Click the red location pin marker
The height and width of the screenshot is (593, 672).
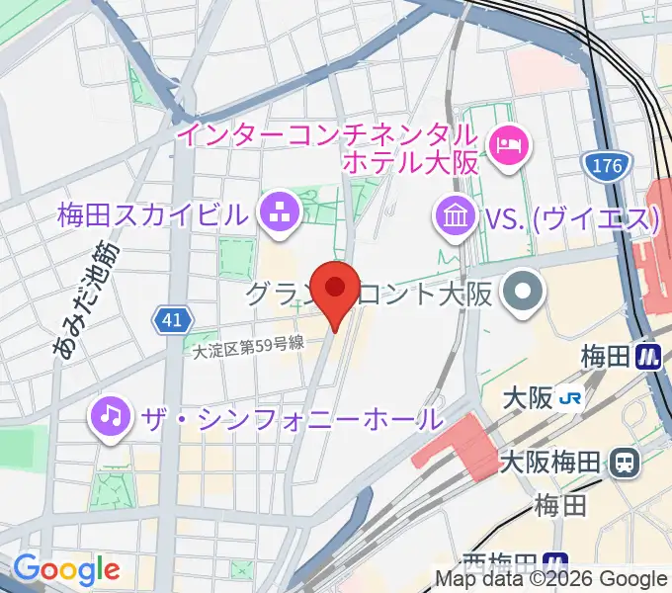coord(336,290)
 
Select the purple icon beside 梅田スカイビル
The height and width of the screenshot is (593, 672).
coord(279,211)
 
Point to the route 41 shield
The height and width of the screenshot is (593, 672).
coord(172,318)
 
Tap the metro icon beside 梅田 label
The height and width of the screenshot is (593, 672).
coord(649,356)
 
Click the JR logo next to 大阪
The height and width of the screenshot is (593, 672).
coord(569,398)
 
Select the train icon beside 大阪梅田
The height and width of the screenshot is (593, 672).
coord(625,461)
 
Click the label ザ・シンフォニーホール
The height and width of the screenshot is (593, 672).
coord(287,419)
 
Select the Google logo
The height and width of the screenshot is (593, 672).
coord(66,569)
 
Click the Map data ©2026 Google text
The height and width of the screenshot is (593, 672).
coord(551,579)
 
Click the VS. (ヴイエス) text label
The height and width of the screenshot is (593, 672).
coord(571,216)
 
